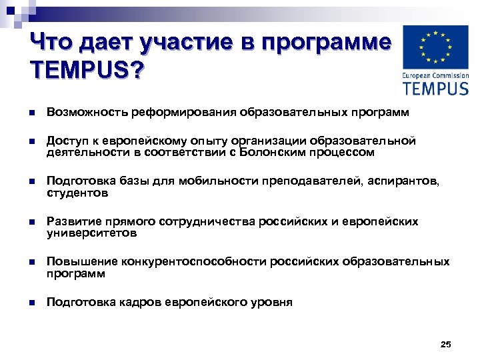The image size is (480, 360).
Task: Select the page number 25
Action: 446,344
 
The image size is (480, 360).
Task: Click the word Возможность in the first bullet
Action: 86,113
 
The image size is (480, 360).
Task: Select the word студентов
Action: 77,193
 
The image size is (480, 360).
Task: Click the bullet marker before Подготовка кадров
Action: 32,302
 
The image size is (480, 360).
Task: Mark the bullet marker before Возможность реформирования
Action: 32,113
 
